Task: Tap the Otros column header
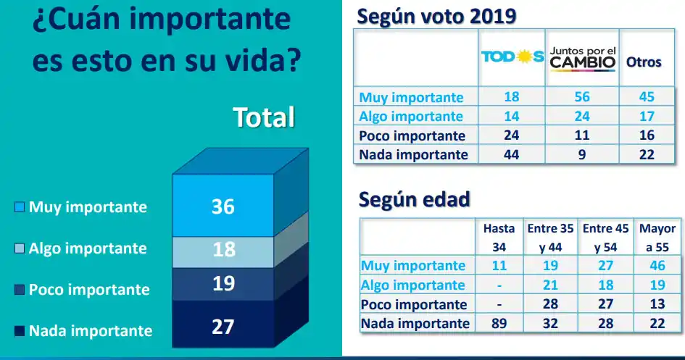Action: tap(644, 62)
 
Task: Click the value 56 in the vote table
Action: tap(581, 97)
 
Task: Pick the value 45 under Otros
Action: tap(647, 97)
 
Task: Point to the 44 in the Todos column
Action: tap(512, 154)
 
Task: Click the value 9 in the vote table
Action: tap(581, 154)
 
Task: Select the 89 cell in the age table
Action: tap(499, 323)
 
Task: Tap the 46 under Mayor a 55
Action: tap(657, 266)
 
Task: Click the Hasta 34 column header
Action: tap(499, 238)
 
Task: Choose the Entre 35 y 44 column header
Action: tap(551, 238)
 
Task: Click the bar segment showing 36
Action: tap(223, 206)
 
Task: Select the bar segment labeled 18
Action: tap(223, 249)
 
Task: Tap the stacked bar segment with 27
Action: tap(223, 327)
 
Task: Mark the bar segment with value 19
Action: tap(223, 283)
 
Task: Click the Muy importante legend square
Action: tap(20, 208)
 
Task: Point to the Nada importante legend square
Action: tap(20, 332)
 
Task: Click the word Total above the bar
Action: tap(263, 117)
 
